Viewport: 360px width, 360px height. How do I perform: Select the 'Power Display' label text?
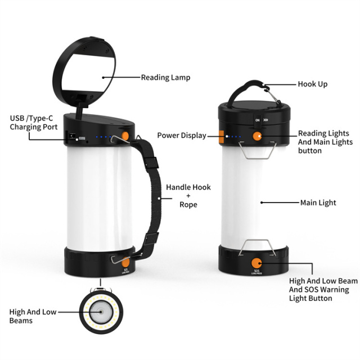[x=181, y=135]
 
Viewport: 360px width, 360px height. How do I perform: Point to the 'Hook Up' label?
[x=312, y=84]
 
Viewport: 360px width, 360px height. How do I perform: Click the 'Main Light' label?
[x=318, y=202]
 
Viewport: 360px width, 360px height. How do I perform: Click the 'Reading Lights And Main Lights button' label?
[x=323, y=142]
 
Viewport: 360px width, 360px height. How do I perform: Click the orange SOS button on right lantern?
[x=257, y=263]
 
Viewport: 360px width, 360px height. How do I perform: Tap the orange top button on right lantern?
[x=257, y=136]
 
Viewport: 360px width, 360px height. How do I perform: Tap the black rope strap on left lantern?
[x=152, y=191]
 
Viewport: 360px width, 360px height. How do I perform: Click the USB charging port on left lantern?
[x=72, y=137]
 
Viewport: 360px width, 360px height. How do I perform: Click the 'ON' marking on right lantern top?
[x=257, y=120]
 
